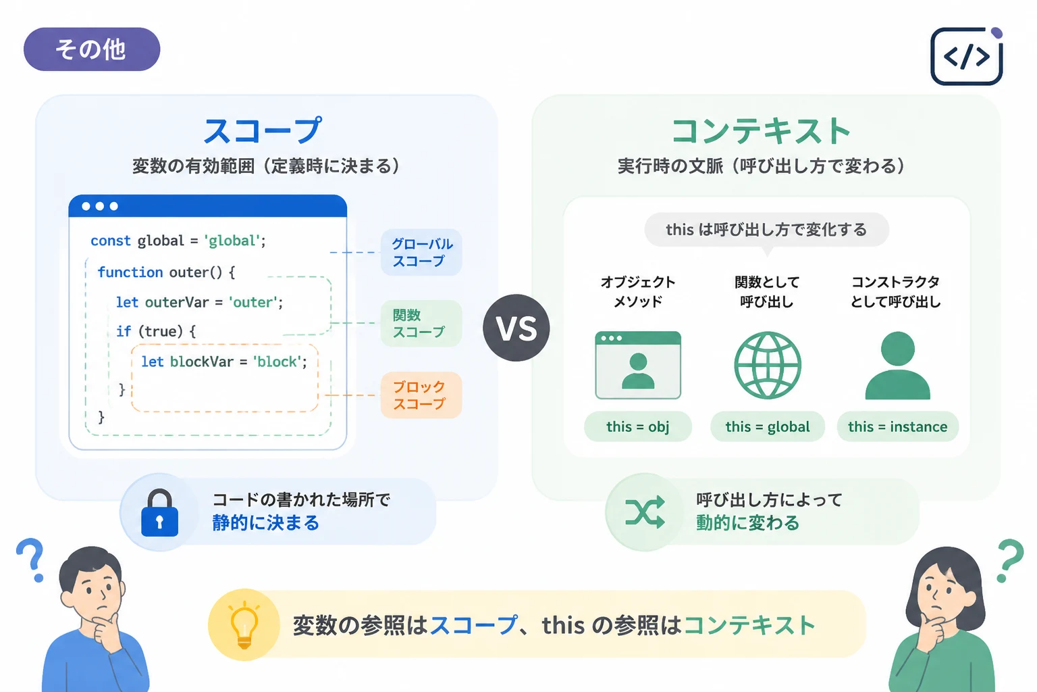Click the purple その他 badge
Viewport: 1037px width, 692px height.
[x=92, y=49]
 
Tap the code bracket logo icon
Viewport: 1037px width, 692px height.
[x=967, y=56]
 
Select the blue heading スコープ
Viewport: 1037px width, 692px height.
[x=263, y=130]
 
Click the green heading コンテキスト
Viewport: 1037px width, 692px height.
[x=761, y=130]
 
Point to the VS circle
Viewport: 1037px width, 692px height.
[x=516, y=328]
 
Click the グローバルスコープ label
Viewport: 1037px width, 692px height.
[x=421, y=252]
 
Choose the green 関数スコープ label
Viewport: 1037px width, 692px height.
[x=421, y=324]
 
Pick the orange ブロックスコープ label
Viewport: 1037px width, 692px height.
[x=421, y=395]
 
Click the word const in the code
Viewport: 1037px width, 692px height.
[x=111, y=241]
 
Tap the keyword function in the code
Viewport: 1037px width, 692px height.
[x=130, y=272]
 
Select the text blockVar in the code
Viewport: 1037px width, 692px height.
[x=201, y=362]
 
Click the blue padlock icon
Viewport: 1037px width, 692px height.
[x=160, y=513]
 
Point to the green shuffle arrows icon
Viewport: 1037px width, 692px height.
[x=645, y=512]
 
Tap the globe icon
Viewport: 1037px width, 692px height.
[x=768, y=365]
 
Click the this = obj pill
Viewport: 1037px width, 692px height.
[x=638, y=426]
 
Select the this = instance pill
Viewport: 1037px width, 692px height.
[x=898, y=426]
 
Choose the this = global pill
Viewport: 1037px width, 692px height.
[x=768, y=426]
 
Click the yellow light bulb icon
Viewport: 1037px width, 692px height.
[x=244, y=624]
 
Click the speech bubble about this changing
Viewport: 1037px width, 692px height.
[x=767, y=230]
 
